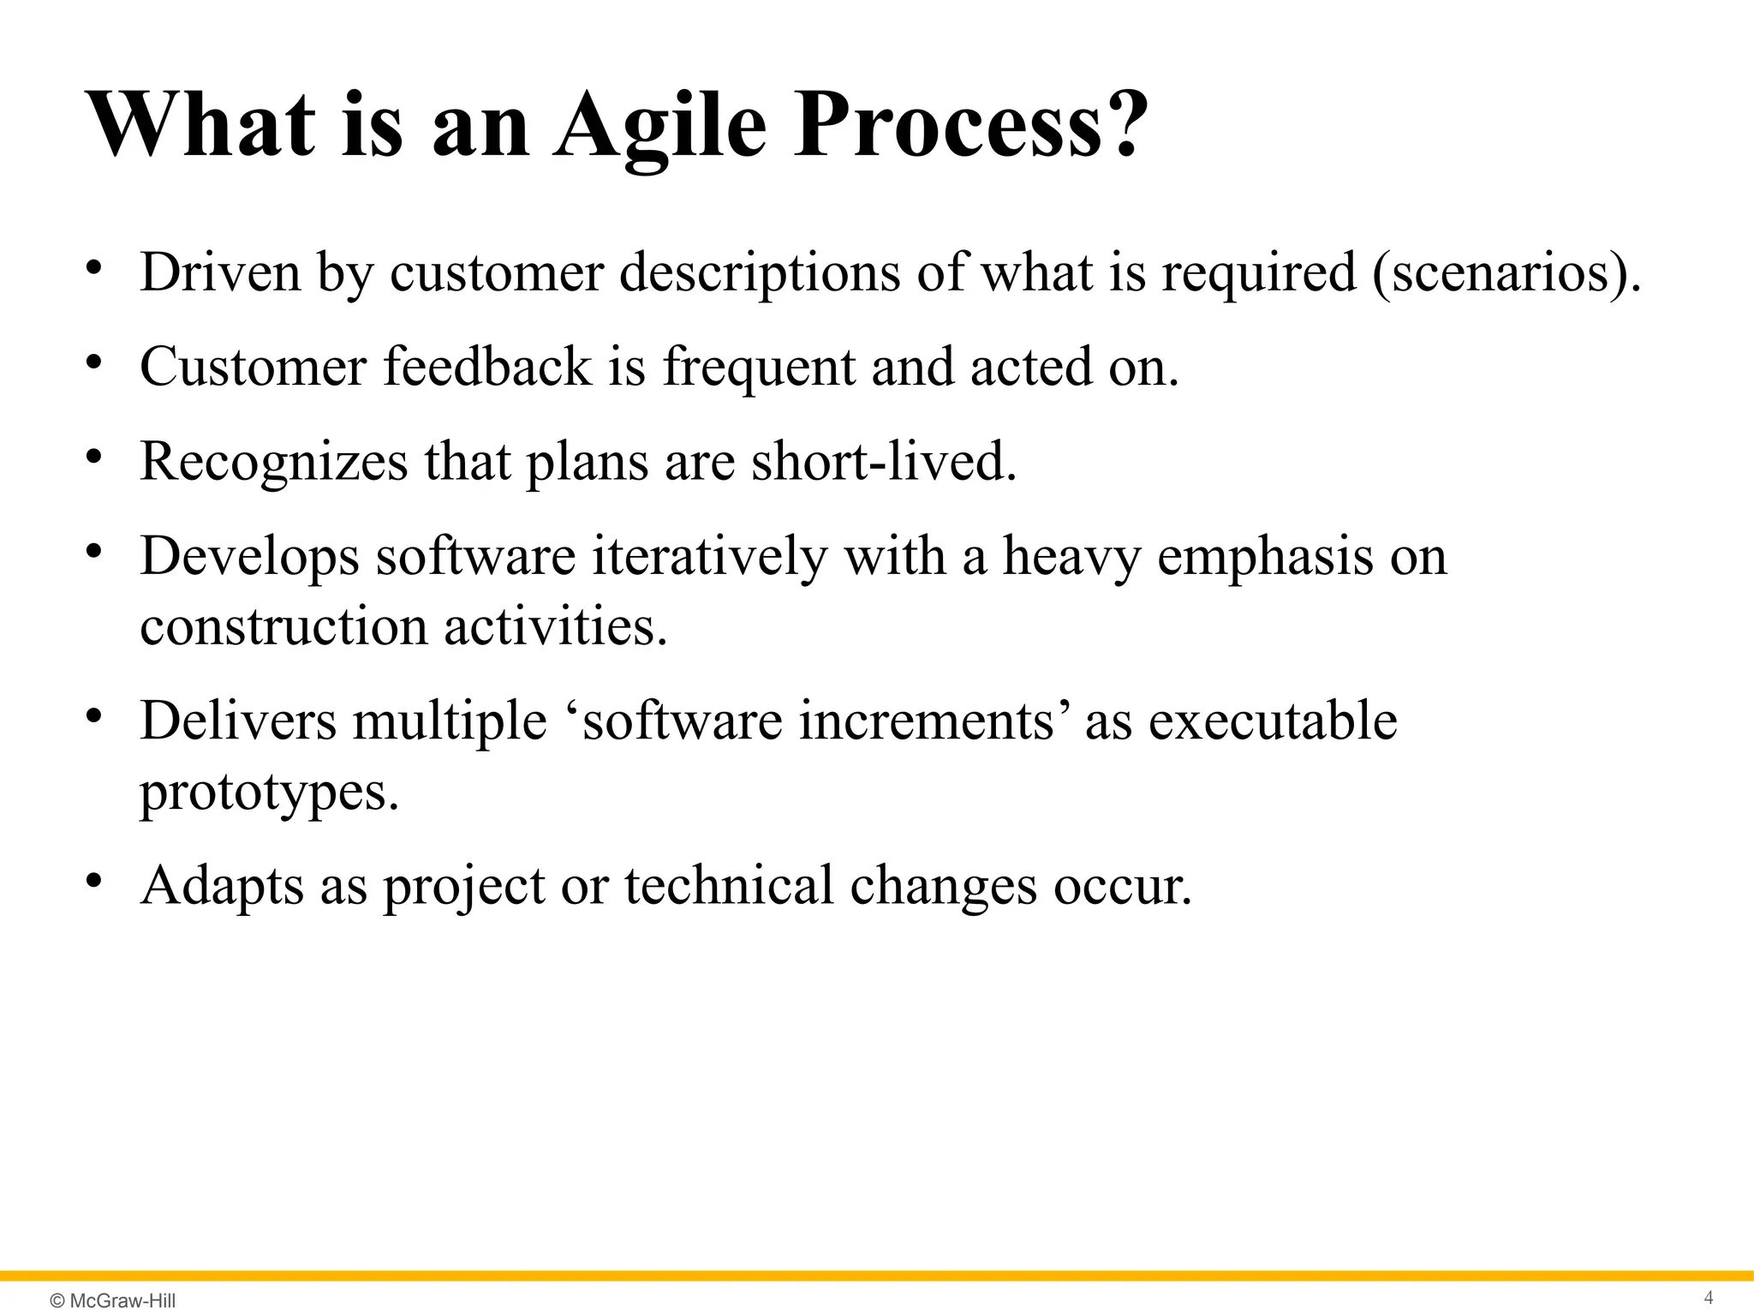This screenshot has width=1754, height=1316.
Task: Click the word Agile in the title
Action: pos(659,127)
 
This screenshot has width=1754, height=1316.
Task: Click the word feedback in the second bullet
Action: pos(487,367)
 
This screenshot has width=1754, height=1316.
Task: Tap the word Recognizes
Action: pos(274,462)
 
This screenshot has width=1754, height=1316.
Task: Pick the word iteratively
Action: pos(709,556)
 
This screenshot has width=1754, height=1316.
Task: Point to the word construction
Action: pos(283,626)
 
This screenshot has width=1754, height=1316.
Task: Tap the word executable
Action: pos(1272,721)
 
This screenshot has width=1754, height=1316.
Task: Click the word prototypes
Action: pos(269,793)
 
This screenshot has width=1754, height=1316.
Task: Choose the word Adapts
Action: pos(222,886)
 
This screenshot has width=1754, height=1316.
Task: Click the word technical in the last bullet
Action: pos(728,885)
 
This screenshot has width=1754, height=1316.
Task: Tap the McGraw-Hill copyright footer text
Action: pos(113,1301)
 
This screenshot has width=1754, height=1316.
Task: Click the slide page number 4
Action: pos(1708,1297)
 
